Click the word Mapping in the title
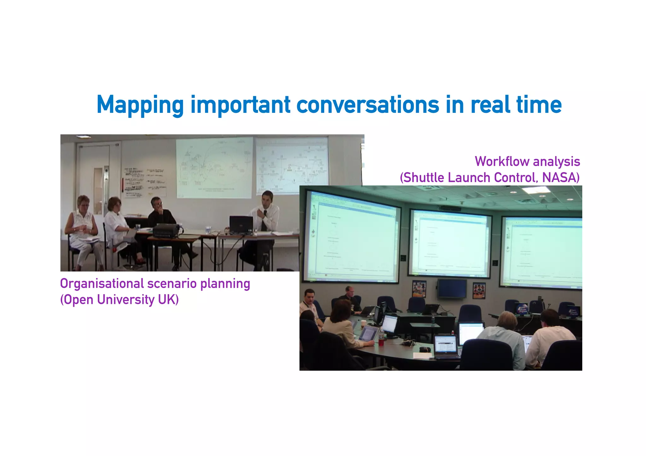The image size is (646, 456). [x=140, y=105]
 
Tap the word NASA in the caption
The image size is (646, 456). [x=561, y=178]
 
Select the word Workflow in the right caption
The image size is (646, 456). [x=497, y=161]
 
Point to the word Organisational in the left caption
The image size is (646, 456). [x=102, y=284]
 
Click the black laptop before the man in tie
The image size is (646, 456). [x=241, y=224]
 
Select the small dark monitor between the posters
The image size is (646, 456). [x=452, y=289]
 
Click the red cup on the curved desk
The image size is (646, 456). [x=381, y=342]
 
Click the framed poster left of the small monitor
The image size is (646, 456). [x=419, y=289]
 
